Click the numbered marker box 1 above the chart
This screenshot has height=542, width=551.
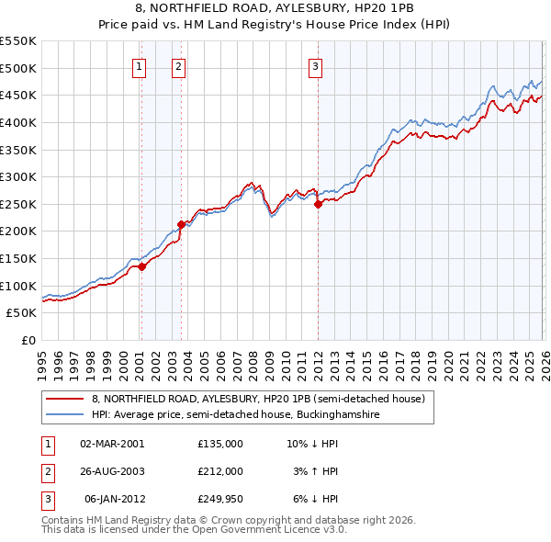139,65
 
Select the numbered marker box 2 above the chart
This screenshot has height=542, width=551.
178,65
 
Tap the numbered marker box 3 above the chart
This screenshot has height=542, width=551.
315,65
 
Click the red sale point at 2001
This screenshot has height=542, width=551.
141,267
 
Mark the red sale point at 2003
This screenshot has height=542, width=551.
181,223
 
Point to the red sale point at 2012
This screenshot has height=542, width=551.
318,205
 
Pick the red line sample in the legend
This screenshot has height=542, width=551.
66,400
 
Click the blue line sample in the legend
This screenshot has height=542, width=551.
66,415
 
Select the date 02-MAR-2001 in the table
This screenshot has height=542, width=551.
111,443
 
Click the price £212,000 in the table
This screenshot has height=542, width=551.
219,471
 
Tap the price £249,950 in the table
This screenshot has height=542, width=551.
219,499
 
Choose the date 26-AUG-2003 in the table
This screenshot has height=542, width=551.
111,471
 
